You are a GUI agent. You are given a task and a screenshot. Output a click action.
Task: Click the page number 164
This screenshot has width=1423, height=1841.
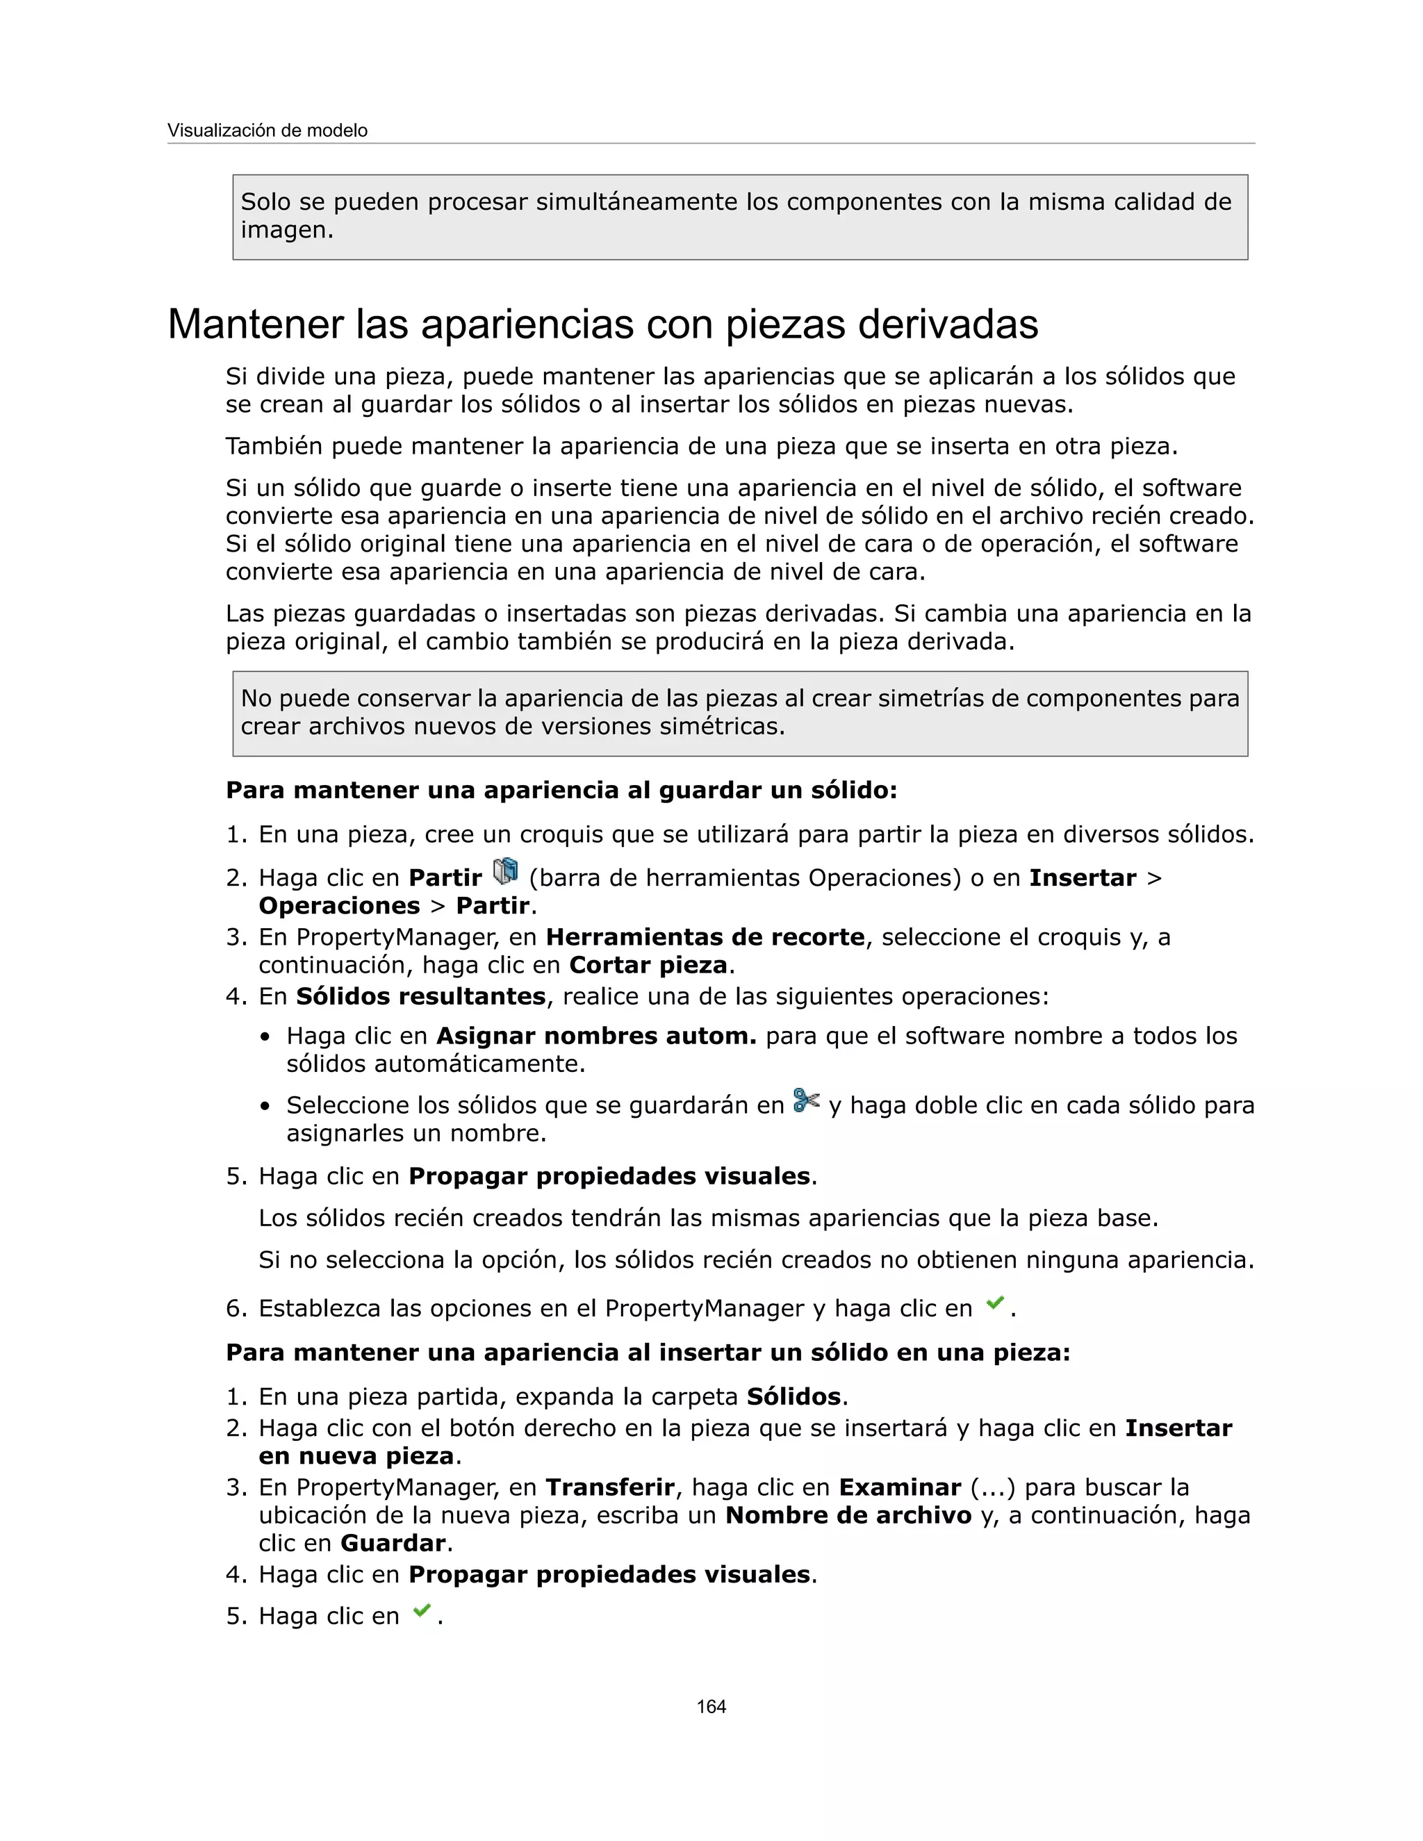click(711, 1706)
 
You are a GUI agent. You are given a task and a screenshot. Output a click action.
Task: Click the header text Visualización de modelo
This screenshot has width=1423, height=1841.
click(268, 131)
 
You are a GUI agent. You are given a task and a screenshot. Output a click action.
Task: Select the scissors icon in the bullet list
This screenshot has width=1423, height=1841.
click(807, 1100)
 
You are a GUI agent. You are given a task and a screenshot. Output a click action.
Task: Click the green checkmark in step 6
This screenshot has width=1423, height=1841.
click(995, 1303)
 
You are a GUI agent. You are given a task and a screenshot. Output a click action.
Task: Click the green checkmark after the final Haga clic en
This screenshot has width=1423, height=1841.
click(422, 1611)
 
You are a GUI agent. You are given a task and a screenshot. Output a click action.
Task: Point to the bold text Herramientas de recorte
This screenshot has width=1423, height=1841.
click(705, 936)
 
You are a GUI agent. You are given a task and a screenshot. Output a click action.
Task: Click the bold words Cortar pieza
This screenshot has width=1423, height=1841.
click(648, 964)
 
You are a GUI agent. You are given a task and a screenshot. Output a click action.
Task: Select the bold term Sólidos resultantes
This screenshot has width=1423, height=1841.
click(420, 996)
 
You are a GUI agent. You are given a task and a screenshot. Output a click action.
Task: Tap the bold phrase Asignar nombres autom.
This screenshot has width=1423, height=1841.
click(595, 1035)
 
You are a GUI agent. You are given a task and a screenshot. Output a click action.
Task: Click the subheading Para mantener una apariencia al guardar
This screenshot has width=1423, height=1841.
click(561, 790)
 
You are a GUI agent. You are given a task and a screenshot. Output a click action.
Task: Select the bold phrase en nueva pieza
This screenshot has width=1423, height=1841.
click(356, 1455)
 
